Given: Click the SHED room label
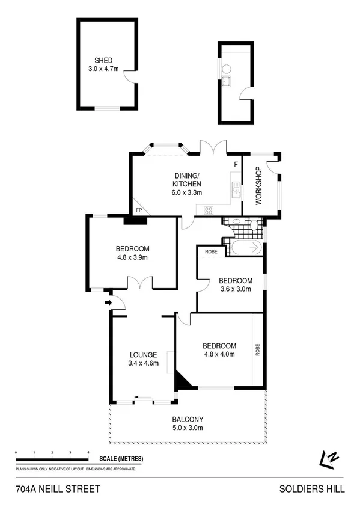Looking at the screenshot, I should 103,60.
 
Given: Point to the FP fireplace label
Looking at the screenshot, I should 139,210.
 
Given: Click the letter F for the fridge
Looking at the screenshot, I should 236,164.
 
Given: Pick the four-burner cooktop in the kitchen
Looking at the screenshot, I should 210,210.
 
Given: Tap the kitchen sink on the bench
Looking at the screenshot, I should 236,193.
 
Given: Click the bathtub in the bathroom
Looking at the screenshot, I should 243,247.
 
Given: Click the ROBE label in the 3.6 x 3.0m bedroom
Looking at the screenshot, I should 211,251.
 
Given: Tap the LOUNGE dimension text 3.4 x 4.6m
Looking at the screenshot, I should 143,363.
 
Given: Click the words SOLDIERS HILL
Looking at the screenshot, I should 312,489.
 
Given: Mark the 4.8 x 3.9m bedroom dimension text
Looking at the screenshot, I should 132,257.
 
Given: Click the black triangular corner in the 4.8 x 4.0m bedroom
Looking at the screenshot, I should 180,380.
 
